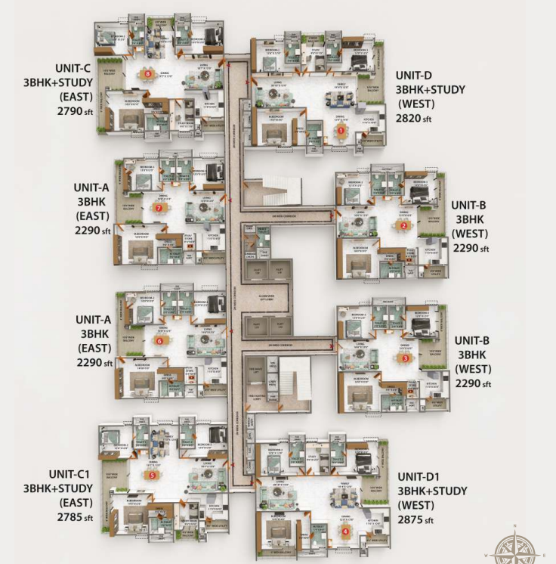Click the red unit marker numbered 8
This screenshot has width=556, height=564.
(148, 74)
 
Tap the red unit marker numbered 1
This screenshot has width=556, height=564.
(341, 130)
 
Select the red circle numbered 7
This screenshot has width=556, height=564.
(159, 206)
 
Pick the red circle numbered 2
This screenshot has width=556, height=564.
(404, 225)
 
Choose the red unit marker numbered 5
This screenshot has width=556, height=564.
(153, 476)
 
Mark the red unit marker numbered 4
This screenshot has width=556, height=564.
(345, 531)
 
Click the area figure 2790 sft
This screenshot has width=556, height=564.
(75, 110)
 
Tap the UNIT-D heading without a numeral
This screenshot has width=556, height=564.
(414, 75)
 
